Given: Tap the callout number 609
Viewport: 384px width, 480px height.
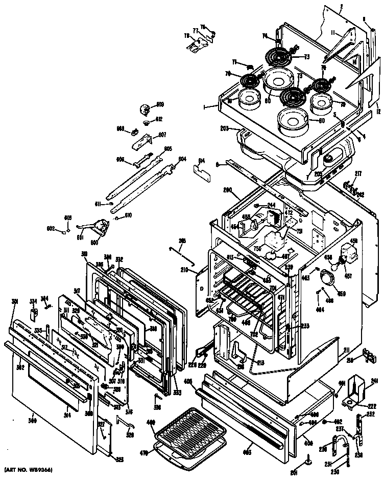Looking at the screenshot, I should (x=160, y=105).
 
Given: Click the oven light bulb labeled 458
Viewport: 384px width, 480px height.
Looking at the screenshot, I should (x=336, y=265).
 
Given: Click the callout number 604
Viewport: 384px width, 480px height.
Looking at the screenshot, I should (x=182, y=159).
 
